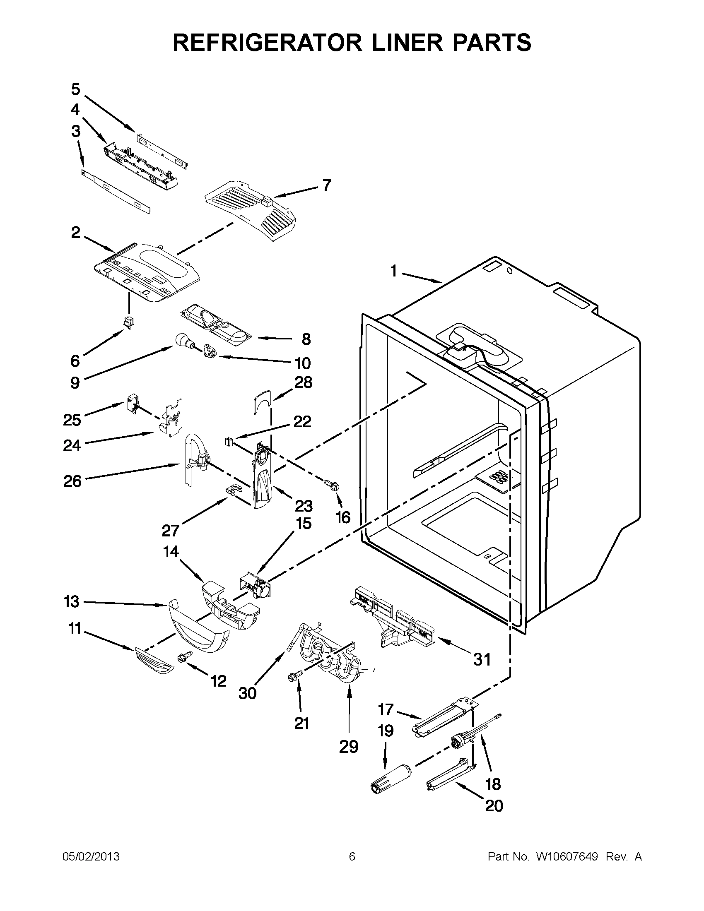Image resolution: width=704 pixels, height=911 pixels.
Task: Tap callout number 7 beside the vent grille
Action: [326, 185]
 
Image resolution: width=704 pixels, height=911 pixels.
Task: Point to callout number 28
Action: [303, 382]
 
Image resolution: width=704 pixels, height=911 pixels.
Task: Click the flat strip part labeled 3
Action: [116, 191]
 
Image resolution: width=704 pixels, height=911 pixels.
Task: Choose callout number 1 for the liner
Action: [393, 271]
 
